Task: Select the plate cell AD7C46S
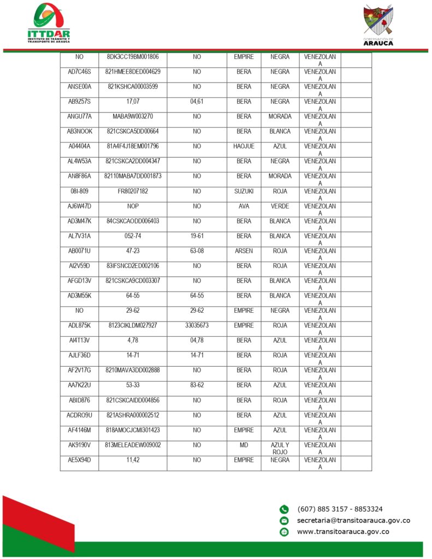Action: (x=79, y=72)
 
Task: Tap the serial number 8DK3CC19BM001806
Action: (x=133, y=57)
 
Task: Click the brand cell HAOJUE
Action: (x=244, y=146)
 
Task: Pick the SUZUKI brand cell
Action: (x=244, y=191)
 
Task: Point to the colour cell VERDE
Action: (x=280, y=206)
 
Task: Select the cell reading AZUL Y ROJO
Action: (x=280, y=448)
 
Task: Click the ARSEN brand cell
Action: (x=244, y=251)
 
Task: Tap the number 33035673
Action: (x=197, y=325)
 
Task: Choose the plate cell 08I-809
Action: (x=79, y=191)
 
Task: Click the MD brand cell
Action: (x=244, y=445)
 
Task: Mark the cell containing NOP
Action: (x=133, y=206)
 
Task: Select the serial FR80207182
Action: (x=133, y=191)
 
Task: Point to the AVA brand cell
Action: (x=244, y=206)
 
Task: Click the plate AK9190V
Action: (x=79, y=445)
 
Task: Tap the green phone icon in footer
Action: (x=284, y=509)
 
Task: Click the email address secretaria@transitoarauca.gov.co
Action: (x=353, y=521)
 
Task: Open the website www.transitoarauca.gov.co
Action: (x=343, y=532)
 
